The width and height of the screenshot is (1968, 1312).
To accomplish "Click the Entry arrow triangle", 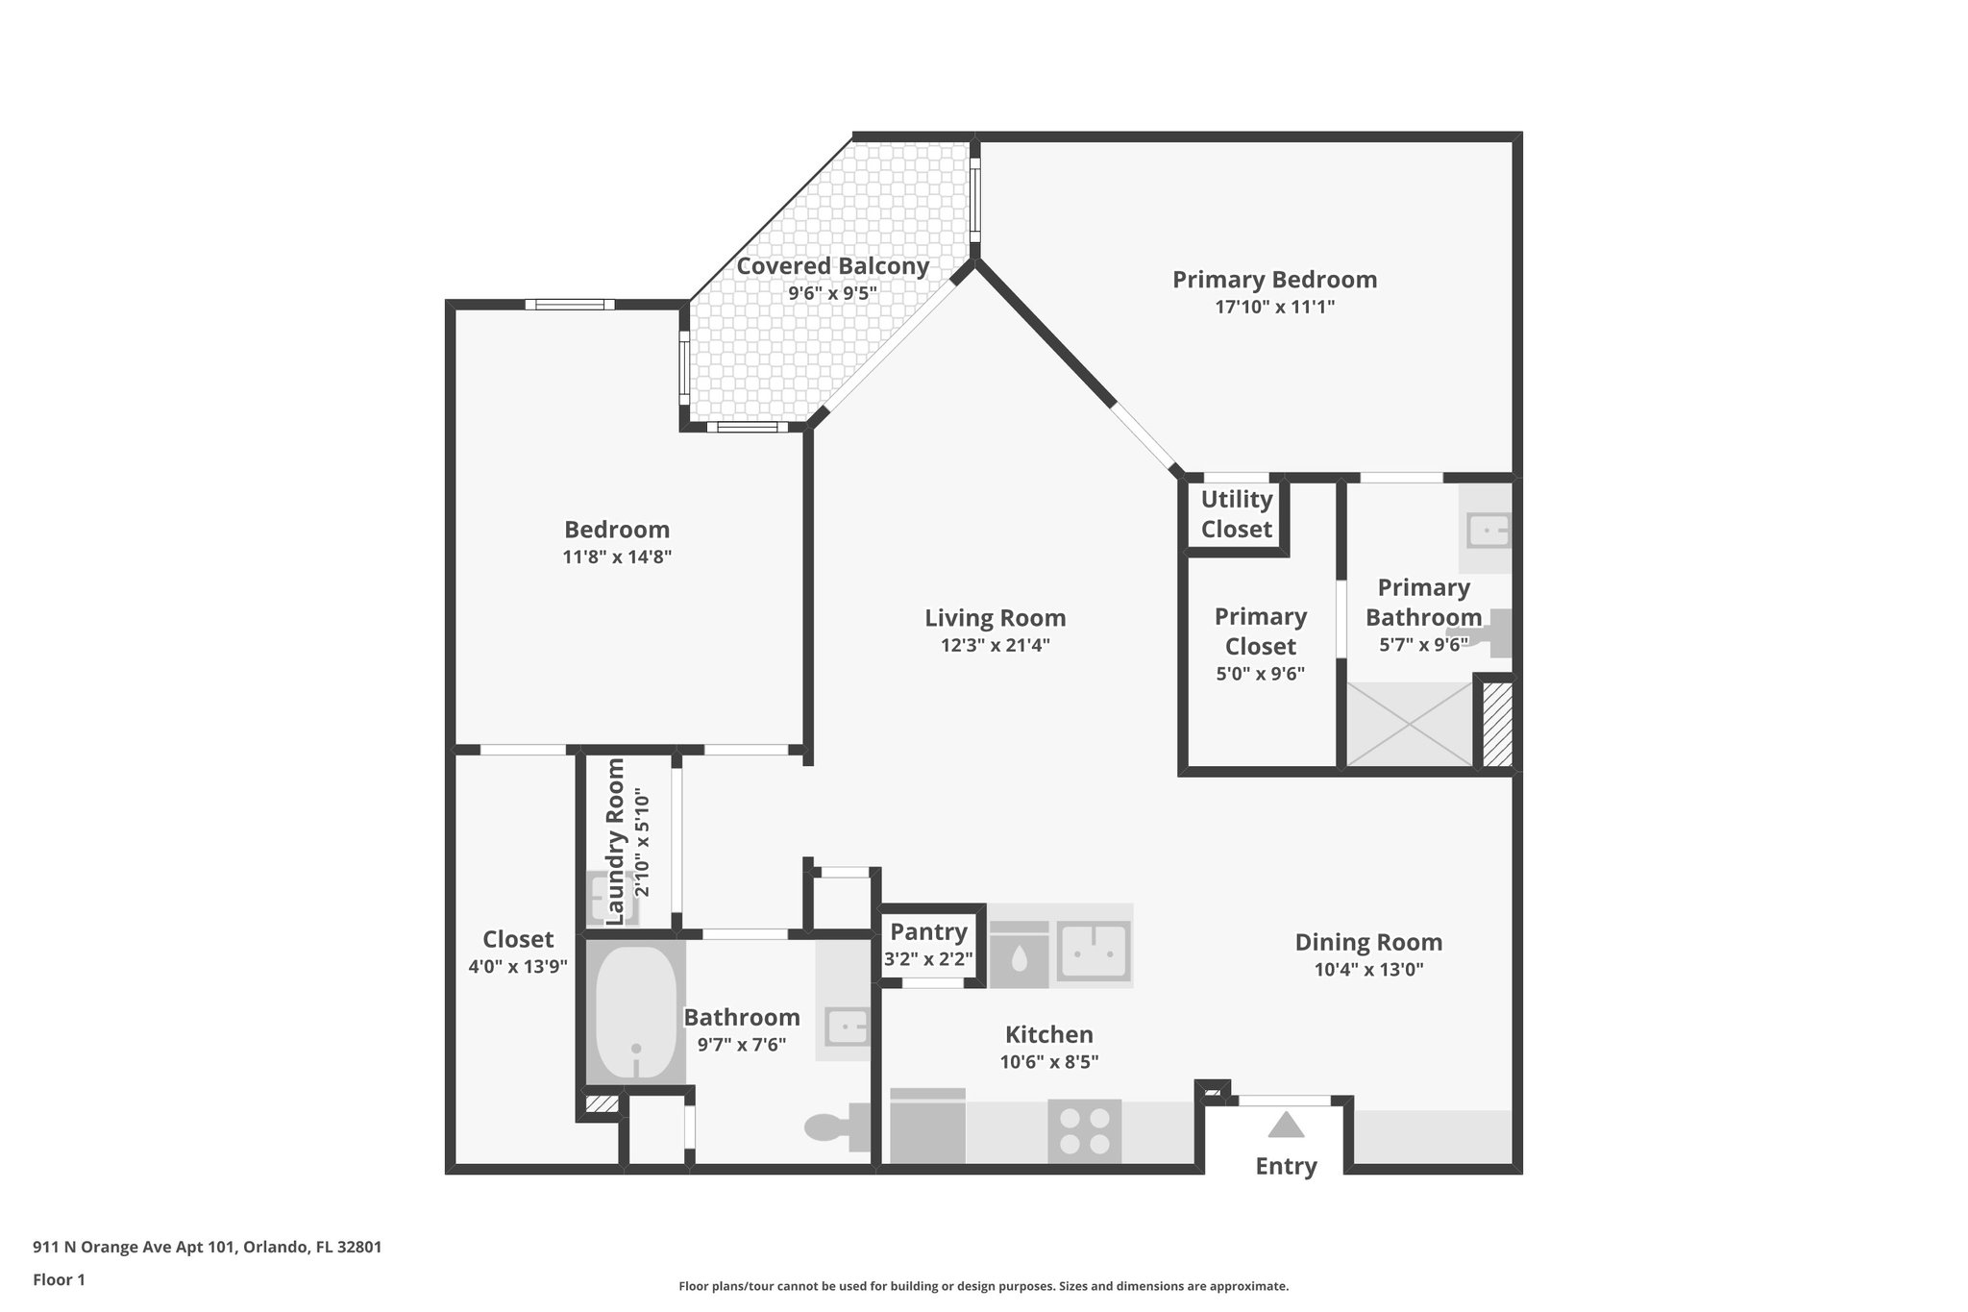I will [1286, 1125].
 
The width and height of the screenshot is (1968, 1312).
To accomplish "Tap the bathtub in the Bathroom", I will [635, 1026].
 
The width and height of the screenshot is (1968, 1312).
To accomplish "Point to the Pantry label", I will [928, 931].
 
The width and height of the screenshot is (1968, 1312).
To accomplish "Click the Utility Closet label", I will [1236, 513].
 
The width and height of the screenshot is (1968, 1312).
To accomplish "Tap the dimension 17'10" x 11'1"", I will [1274, 307].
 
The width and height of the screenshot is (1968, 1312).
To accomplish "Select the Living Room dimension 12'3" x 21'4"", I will [995, 645].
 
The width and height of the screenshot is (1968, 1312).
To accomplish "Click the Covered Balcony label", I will [832, 266].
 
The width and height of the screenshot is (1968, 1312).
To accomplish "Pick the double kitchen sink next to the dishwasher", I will [1093, 952].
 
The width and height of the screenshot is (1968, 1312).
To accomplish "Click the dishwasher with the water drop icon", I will [1019, 954].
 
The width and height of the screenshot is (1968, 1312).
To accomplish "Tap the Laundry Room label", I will [616, 841].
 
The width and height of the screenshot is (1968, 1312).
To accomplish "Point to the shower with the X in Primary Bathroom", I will [1410, 724].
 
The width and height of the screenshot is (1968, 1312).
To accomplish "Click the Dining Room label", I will [1368, 942].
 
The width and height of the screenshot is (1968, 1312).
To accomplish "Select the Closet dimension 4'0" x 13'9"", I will [518, 966].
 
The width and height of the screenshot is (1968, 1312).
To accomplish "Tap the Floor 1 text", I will [59, 1279].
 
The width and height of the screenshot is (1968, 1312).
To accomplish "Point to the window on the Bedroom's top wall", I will [570, 305].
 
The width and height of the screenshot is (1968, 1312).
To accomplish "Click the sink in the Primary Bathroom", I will [1487, 530].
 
